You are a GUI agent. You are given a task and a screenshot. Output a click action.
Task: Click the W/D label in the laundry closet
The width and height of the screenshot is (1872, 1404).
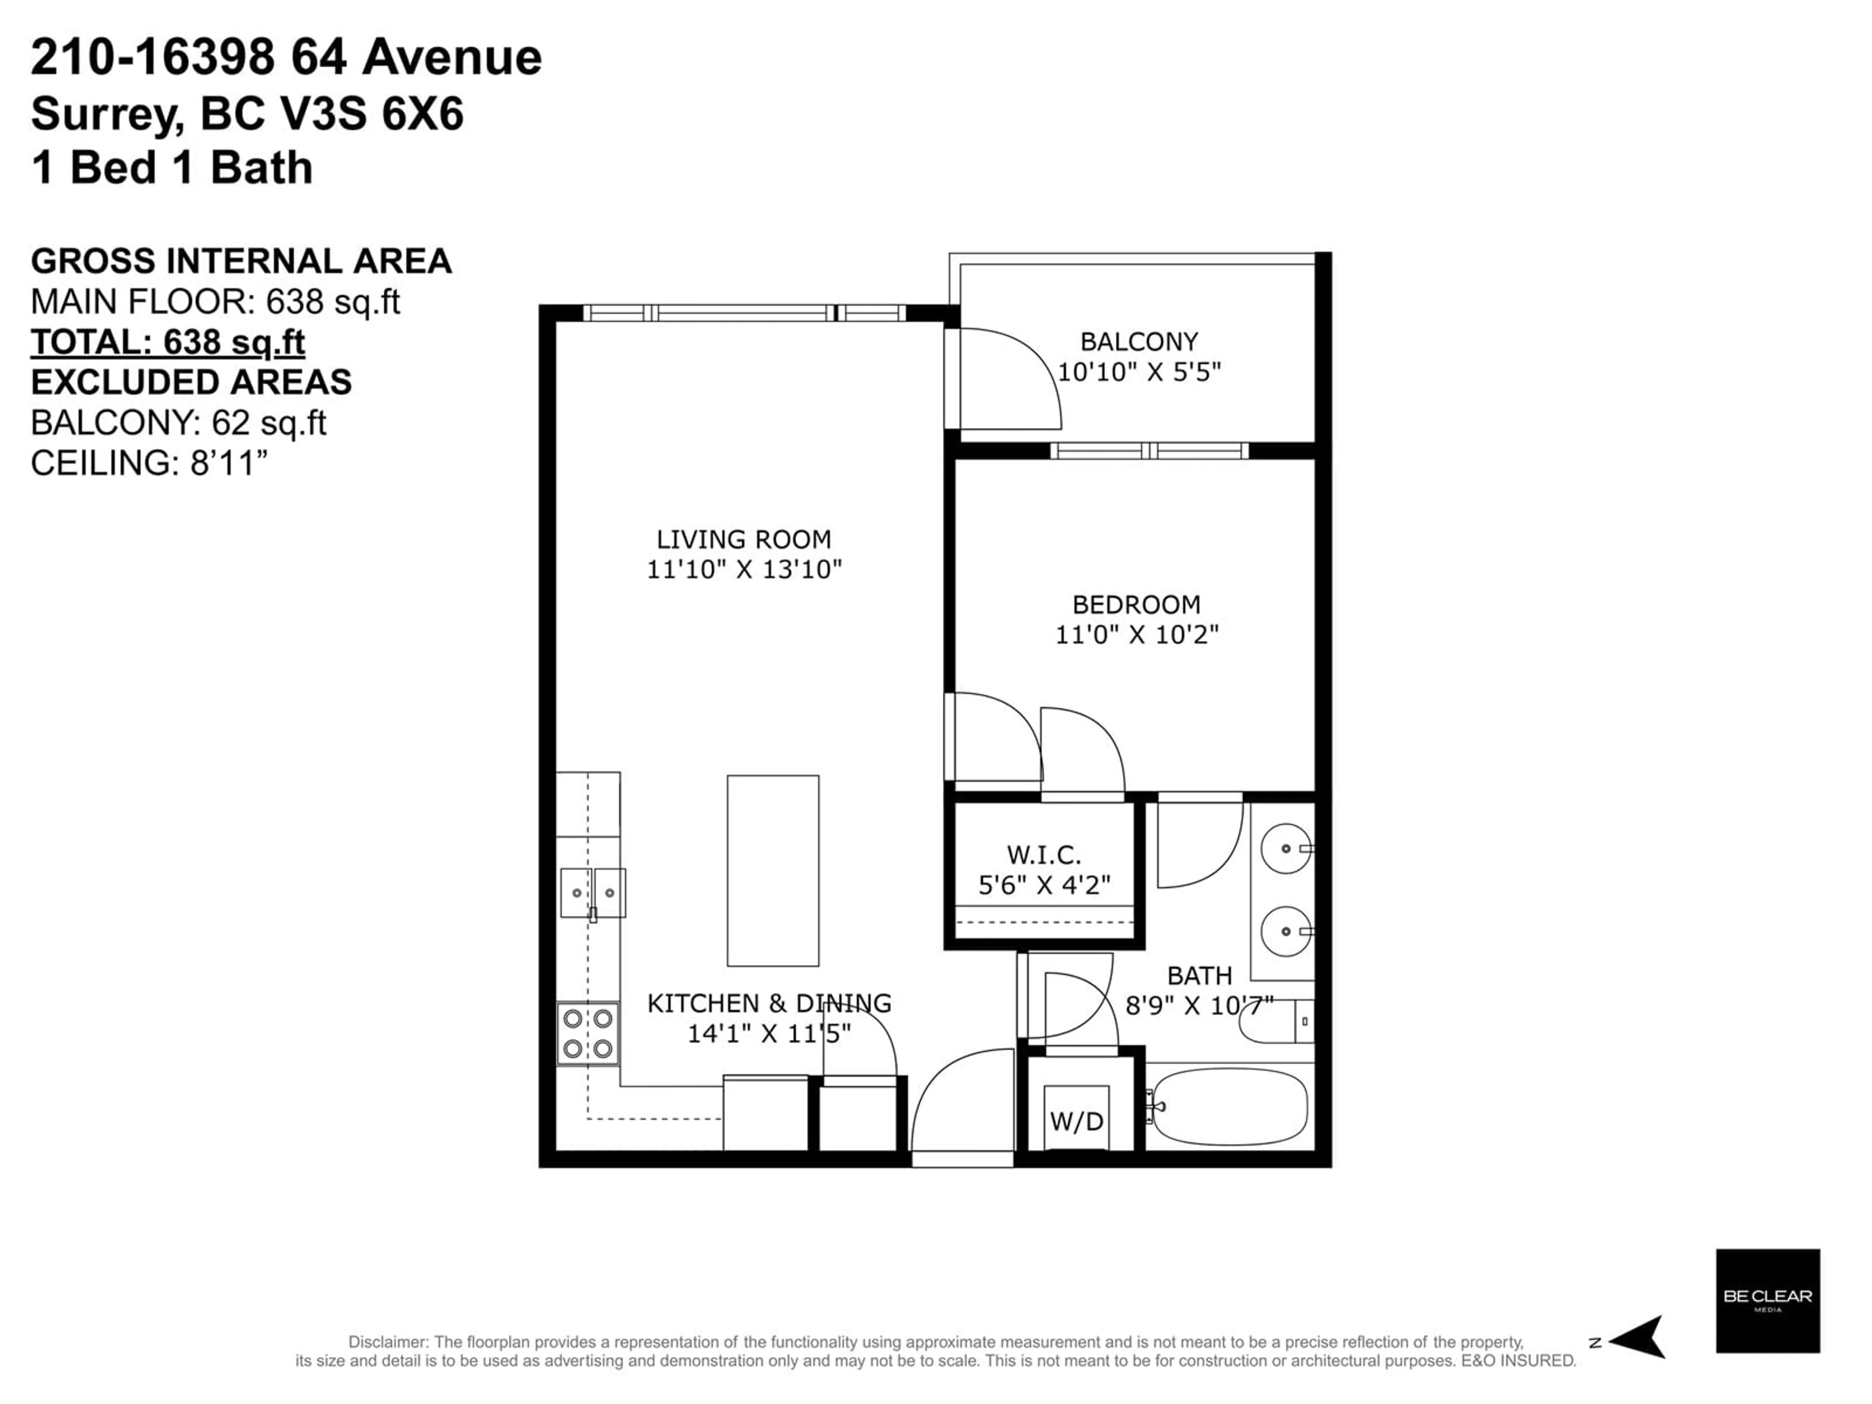1076,1121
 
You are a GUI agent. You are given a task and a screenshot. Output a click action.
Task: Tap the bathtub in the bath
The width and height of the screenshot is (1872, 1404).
1229,1106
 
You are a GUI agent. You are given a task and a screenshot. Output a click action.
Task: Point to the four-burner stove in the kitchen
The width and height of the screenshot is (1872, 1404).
587,1033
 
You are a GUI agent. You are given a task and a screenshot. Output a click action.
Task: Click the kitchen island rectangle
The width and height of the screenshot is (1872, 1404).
773,871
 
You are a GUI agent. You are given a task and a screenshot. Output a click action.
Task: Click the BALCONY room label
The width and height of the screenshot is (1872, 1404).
1139,342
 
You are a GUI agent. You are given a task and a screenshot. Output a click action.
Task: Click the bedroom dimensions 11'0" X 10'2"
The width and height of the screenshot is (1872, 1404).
1136,635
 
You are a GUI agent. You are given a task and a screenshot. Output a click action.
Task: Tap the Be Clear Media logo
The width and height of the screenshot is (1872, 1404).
1768,1301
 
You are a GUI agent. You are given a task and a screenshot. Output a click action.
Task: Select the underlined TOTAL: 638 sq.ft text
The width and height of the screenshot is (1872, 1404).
168,343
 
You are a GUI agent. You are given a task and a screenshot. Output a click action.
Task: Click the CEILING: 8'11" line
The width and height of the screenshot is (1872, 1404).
149,463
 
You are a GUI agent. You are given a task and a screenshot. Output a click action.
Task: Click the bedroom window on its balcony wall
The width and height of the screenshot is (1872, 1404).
1149,451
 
